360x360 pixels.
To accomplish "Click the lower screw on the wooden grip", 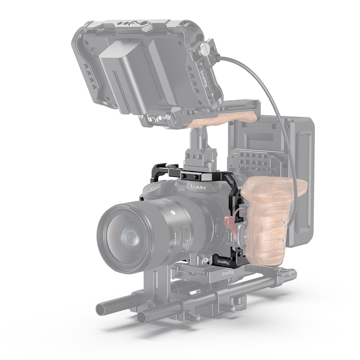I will (283, 240).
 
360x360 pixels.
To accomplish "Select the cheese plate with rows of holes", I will (256, 158).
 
